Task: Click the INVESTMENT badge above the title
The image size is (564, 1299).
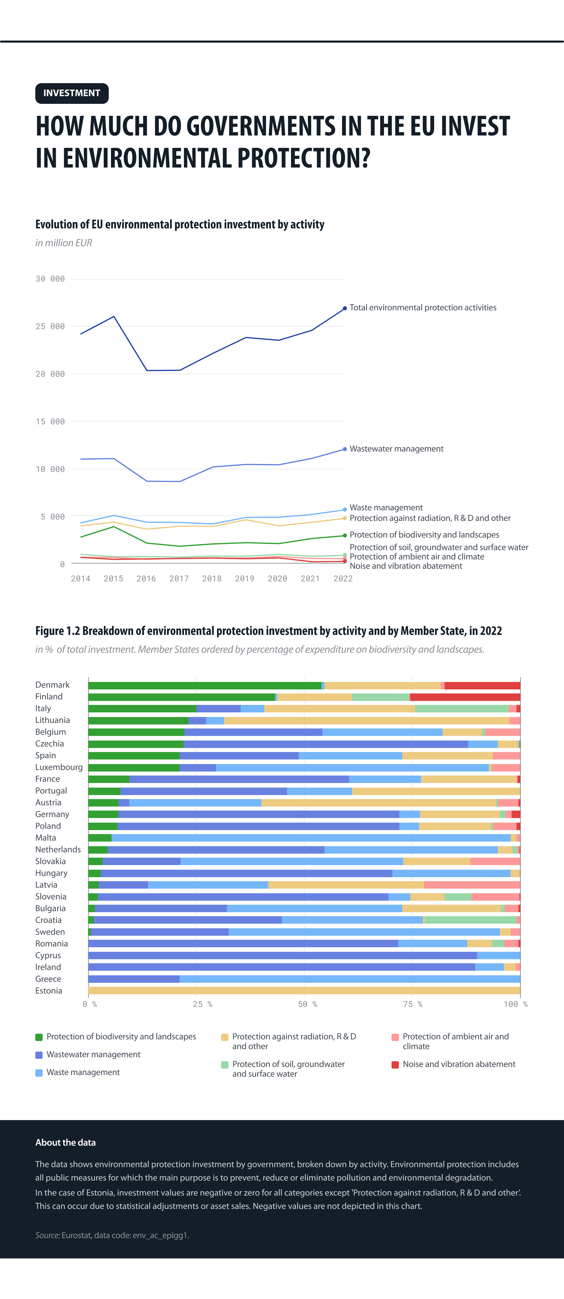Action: (72, 93)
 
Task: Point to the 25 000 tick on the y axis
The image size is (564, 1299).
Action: (50, 326)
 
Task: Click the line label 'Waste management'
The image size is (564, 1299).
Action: (386, 507)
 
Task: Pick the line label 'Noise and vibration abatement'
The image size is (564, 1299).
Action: (406, 566)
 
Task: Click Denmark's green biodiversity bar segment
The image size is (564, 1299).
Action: (204, 685)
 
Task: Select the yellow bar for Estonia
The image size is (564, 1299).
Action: (304, 990)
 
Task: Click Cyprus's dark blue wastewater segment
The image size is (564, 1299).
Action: (282, 955)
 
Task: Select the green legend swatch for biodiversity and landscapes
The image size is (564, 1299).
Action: (39, 1037)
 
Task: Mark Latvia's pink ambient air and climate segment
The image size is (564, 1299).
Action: (472, 884)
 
